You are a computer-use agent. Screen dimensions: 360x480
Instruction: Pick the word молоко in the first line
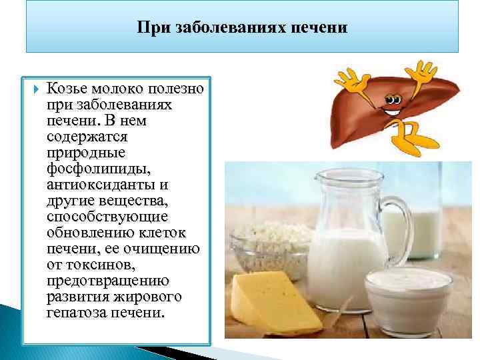pyautogui.click(x=118, y=90)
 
